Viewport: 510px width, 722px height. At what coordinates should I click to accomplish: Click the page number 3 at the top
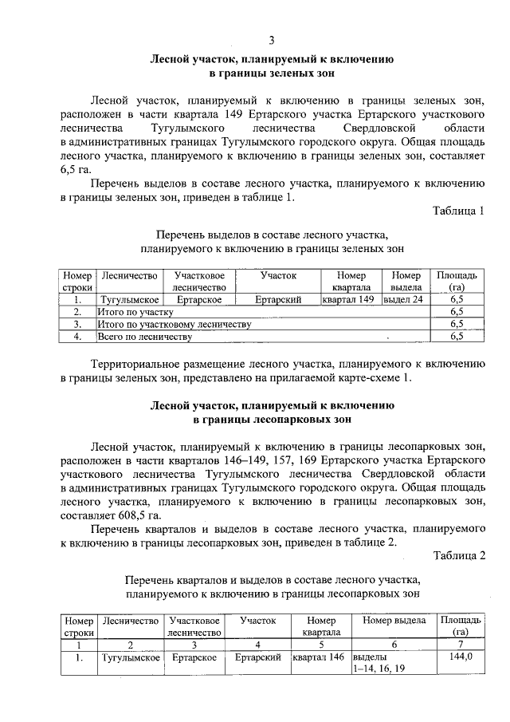point(271,41)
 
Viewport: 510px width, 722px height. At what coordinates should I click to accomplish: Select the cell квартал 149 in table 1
point(347,300)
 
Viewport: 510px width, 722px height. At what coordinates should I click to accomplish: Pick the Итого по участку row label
point(135,313)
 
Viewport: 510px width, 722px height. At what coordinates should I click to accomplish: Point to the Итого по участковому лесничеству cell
point(175,325)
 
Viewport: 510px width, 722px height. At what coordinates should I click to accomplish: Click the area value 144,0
point(461,657)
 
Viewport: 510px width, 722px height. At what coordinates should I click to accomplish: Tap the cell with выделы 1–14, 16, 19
point(379,663)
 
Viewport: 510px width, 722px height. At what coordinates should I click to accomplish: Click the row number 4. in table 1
point(78,337)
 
